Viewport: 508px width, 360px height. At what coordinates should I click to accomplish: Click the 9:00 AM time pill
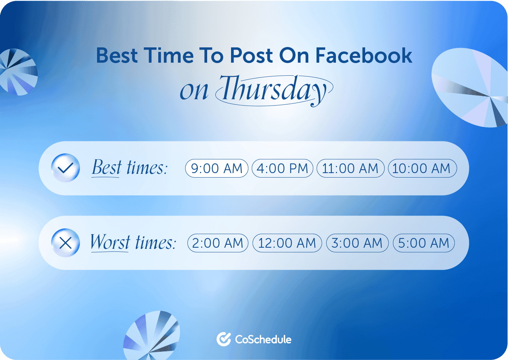(216, 168)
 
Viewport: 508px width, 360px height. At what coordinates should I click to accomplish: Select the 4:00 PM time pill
(283, 168)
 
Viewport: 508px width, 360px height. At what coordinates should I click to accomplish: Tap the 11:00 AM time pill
(350, 168)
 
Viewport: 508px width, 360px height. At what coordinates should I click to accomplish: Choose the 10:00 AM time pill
(422, 168)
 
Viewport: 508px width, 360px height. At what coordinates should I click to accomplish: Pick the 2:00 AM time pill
(218, 243)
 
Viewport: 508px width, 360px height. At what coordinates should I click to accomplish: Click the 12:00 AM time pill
(287, 243)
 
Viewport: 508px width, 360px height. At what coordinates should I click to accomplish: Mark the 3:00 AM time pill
(357, 243)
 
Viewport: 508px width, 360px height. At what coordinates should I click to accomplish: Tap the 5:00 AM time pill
(424, 243)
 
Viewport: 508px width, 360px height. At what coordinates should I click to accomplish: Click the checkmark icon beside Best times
(65, 168)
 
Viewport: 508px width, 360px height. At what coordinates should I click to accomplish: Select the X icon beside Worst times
(65, 243)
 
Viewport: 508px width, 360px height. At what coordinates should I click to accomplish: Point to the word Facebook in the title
(364, 56)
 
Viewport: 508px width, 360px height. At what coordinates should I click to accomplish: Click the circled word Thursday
(274, 90)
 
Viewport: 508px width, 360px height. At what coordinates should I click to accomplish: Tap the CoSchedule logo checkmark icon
(224, 339)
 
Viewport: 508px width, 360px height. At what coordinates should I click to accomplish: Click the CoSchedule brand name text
(263, 339)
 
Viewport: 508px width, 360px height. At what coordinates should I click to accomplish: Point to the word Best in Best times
(107, 168)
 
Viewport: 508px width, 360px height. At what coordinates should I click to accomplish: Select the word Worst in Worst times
(110, 242)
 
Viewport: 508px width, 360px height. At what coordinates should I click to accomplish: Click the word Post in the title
(251, 56)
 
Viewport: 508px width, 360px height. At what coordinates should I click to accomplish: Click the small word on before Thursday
(194, 91)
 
